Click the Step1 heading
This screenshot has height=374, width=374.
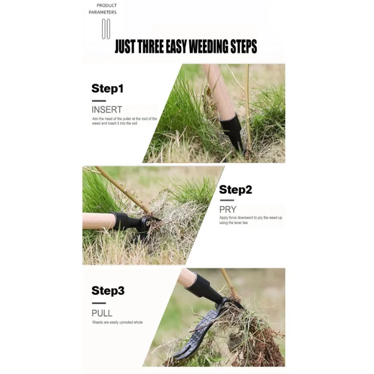pos(108,88)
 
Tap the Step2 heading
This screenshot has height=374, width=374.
pos(236,190)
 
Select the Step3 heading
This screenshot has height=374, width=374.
pos(108,291)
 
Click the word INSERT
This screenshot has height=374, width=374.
pos(107,110)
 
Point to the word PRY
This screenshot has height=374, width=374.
pos(228,209)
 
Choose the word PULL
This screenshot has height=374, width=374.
pos(102,313)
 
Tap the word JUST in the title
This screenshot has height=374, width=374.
pos(126,46)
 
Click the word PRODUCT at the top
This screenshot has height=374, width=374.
pos(107,5)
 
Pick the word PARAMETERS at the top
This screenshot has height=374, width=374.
pos(102,12)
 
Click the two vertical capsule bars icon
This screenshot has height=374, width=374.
pos(106,29)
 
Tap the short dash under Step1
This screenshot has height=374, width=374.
pos(99,101)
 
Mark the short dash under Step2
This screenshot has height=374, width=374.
pos(227,201)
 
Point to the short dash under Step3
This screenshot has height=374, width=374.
pos(99,303)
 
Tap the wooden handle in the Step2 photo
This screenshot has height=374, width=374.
pos(99,221)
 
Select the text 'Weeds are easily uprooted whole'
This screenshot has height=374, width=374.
pos(117,322)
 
